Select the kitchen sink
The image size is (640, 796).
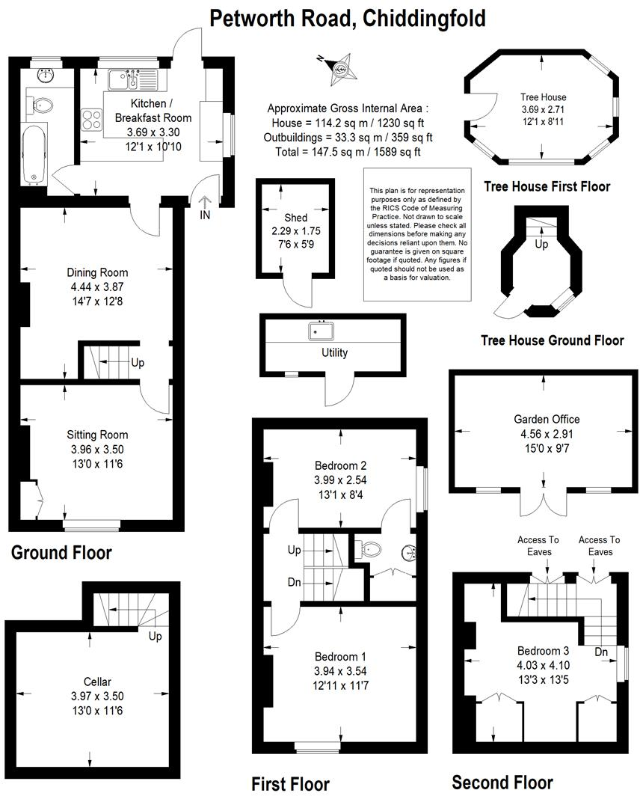(x=120, y=79)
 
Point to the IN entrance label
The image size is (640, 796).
(x=205, y=215)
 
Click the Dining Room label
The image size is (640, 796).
(x=97, y=272)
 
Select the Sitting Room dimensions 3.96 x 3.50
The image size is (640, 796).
(x=97, y=449)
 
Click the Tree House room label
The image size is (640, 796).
(x=544, y=97)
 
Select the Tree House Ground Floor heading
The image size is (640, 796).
(x=552, y=340)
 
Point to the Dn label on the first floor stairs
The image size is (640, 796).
(x=295, y=582)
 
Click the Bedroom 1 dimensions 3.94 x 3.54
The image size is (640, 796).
(x=340, y=670)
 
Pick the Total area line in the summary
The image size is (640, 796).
(x=348, y=152)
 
